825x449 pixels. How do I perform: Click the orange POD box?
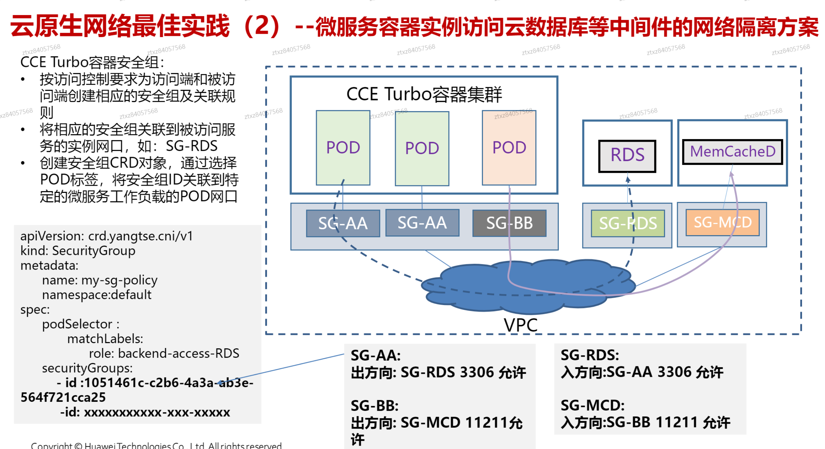coord(509,148)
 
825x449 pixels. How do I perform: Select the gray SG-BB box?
coord(509,223)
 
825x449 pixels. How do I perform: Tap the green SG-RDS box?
coord(628,223)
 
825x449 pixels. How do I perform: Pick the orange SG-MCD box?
coord(722,222)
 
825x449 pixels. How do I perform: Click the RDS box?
coord(627,156)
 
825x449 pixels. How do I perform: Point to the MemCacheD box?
coord(732,152)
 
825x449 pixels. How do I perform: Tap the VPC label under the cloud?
coord(520,325)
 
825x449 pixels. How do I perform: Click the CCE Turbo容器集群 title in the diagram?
coord(424,94)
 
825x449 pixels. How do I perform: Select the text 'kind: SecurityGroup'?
coord(78,251)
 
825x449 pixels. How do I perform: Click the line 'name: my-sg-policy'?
coord(100,280)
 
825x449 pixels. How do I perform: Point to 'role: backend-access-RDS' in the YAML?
coord(164,354)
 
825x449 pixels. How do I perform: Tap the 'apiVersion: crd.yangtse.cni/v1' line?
coord(107,236)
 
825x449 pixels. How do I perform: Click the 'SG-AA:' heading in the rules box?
coord(375,356)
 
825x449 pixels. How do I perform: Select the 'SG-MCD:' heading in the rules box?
coord(592,406)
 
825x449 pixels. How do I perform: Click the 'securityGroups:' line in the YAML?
coord(87,368)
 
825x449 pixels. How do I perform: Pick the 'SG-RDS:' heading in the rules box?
coord(590,355)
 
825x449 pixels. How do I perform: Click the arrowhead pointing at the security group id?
coord(219,382)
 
